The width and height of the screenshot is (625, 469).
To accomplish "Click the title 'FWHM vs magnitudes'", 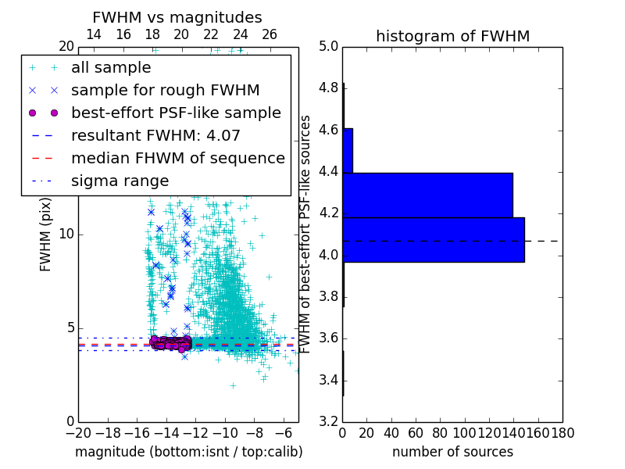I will (177, 17).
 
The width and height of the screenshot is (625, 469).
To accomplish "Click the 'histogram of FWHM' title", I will (452, 36).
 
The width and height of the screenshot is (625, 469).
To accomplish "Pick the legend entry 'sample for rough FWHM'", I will (165, 91).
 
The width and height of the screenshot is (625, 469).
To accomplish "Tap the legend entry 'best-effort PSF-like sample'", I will (176, 113).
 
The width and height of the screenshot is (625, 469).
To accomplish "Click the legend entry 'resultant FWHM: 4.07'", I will (155, 135).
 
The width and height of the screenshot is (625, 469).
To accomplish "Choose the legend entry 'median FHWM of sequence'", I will (177, 158).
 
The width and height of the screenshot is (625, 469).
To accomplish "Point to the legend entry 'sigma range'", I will (120, 181).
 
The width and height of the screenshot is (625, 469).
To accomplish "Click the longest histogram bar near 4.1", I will (434, 239).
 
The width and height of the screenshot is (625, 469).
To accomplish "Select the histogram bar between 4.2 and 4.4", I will (427, 195).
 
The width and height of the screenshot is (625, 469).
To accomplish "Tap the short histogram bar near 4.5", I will (348, 150).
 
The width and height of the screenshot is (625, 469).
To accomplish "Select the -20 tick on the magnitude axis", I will (77, 433).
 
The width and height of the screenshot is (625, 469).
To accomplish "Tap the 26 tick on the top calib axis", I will (270, 34).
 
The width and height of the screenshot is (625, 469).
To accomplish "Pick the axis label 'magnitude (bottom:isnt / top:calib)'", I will (188, 452).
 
